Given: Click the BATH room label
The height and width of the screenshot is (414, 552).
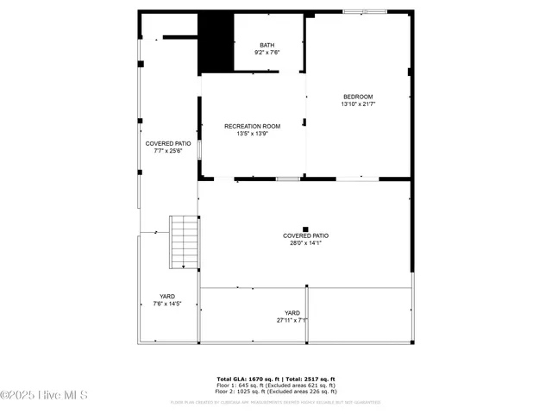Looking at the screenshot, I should [x=267, y=45].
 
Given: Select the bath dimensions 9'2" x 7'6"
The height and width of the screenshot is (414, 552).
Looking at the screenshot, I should [x=267, y=53].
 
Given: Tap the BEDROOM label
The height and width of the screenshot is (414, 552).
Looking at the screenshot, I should [x=358, y=97].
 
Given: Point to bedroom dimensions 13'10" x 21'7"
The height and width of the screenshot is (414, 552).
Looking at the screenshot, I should [x=358, y=104].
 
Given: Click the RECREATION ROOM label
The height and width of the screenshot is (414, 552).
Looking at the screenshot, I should [x=252, y=126].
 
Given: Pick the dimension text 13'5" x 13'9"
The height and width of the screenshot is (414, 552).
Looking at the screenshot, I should [x=252, y=134].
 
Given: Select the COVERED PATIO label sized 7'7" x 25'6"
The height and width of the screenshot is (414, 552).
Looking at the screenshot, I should [x=167, y=143].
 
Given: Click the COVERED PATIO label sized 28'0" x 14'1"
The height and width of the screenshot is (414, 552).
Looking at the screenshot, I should [x=305, y=235].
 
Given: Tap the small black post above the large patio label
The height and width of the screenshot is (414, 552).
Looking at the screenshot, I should [x=305, y=229].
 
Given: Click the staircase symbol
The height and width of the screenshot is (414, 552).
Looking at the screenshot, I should [x=184, y=242].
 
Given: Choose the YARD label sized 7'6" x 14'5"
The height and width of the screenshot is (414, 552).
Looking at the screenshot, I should [x=166, y=296].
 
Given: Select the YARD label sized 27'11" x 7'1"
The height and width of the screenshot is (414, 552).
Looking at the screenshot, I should [x=292, y=313].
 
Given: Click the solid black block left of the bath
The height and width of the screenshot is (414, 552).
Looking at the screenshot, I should [x=216, y=43].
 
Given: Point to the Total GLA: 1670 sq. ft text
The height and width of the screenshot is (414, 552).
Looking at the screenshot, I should [x=246, y=379].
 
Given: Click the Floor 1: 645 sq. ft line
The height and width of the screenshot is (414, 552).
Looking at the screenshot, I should [x=276, y=385].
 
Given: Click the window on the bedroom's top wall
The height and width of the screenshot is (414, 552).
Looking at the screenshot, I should [x=375, y=12].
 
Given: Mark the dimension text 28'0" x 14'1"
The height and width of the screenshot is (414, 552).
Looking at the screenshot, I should [x=305, y=243].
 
